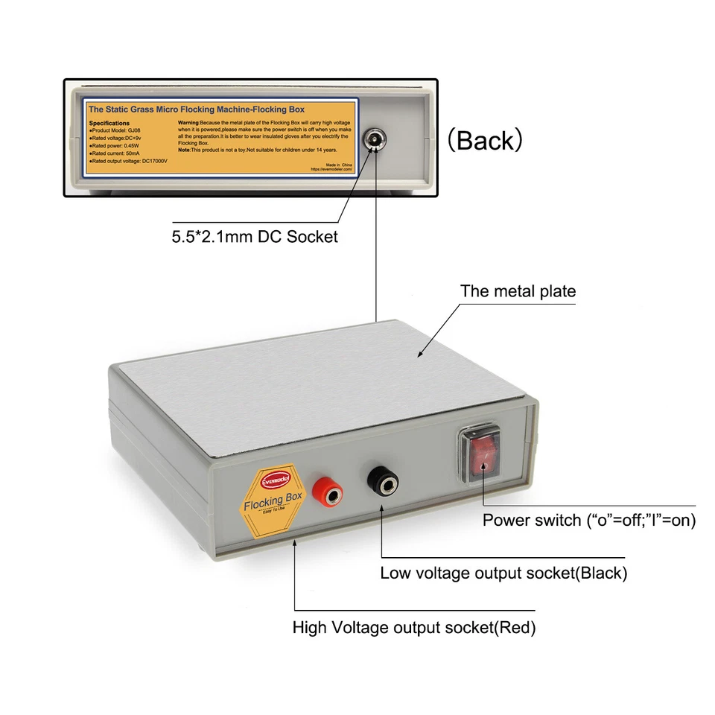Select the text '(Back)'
tap(484, 140)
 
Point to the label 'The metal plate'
tap(518, 291)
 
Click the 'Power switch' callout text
tap(589, 521)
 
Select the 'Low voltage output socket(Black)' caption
tap(503, 573)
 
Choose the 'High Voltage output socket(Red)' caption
tap(414, 627)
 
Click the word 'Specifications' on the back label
tap(109, 123)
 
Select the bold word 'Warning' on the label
tap(191, 120)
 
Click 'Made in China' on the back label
tap(340, 162)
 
